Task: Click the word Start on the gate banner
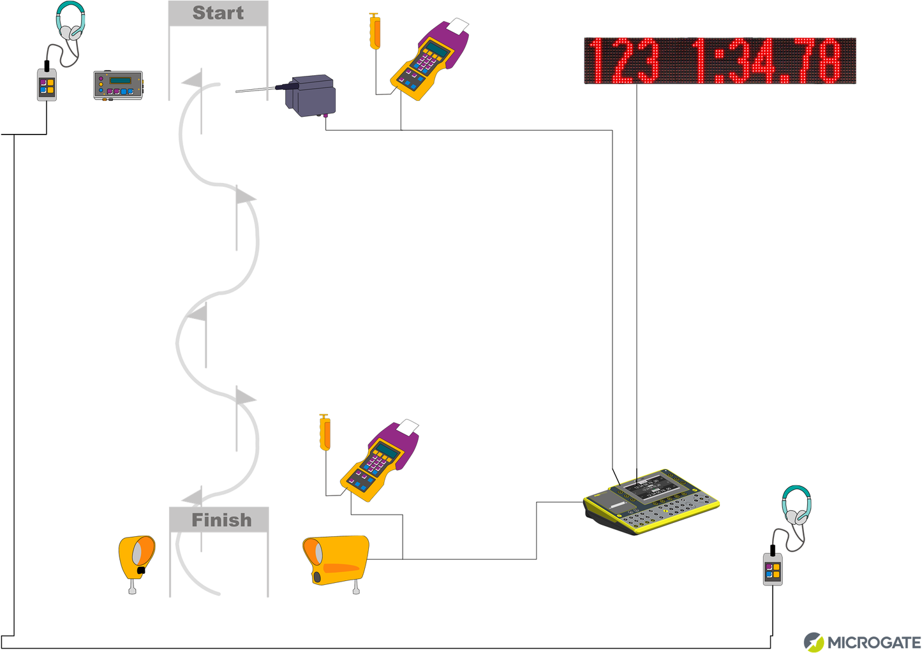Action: tap(218, 13)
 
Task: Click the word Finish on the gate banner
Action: tap(221, 520)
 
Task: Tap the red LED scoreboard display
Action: tap(720, 61)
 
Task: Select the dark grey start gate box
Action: tap(311, 96)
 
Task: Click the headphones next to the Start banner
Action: tap(70, 23)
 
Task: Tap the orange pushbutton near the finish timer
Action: tap(325, 433)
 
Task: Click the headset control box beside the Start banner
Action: tap(47, 85)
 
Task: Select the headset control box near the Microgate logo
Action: tap(773, 569)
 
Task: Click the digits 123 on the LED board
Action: tap(623, 61)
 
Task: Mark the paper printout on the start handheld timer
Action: tap(457, 27)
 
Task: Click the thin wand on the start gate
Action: tap(256, 90)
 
